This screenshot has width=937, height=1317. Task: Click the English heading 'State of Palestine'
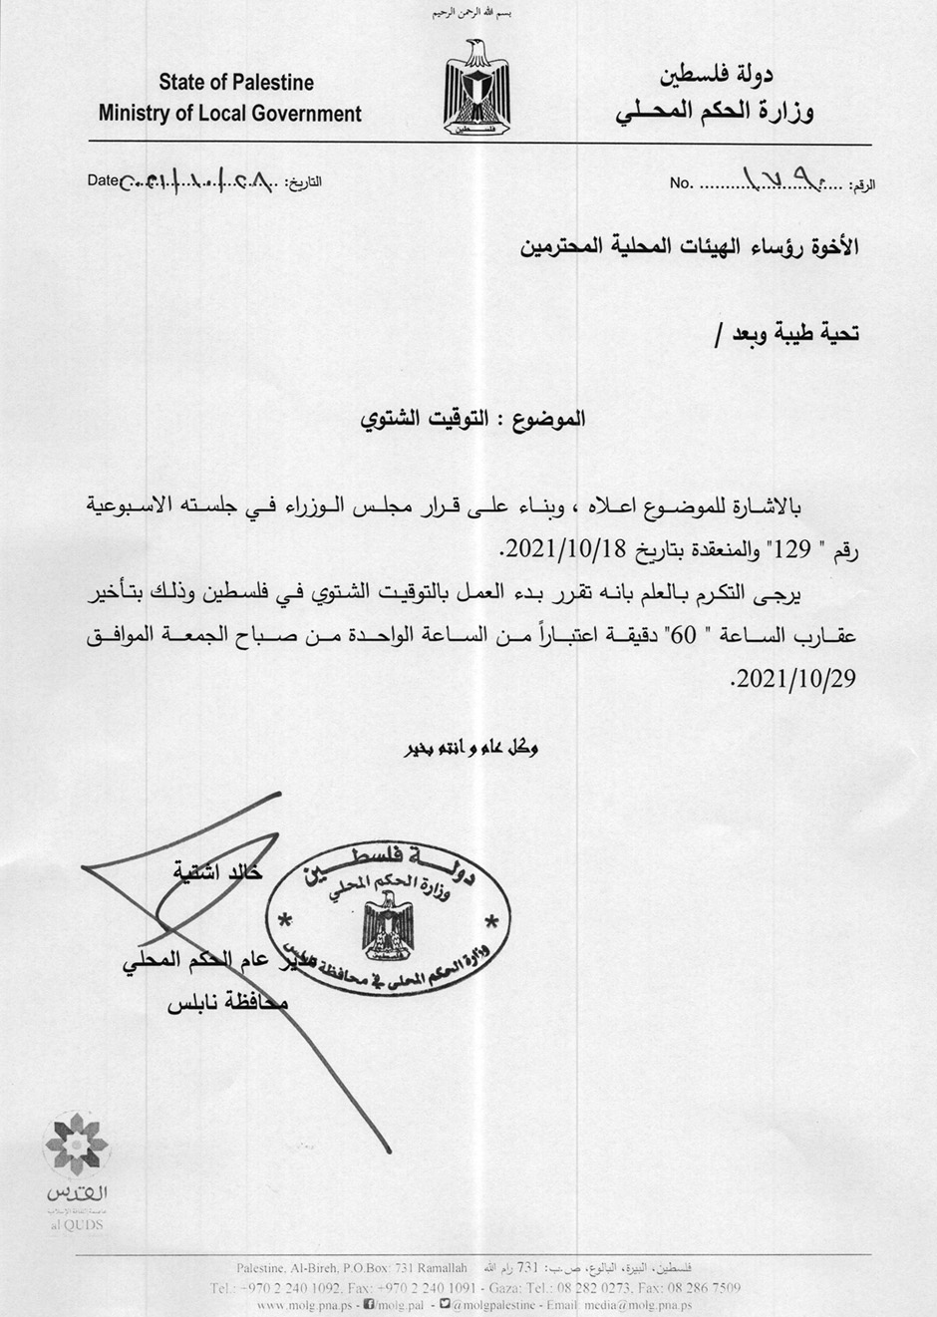[236, 82]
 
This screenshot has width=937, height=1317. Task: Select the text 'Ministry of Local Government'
[230, 114]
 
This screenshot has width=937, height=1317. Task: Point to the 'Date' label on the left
[103, 180]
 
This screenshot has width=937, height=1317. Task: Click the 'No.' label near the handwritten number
[681, 183]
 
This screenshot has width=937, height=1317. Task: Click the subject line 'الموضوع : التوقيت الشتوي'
[472, 419]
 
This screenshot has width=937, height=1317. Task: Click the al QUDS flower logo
[76, 1146]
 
